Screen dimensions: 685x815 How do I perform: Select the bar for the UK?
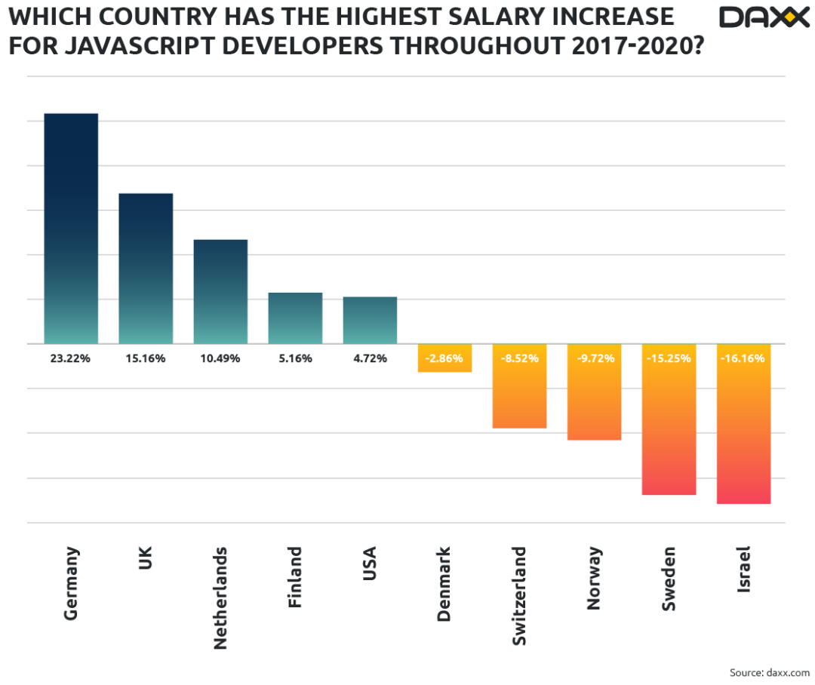tap(146, 268)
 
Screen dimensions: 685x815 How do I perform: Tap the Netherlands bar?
tap(220, 291)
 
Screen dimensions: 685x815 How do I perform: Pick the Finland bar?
tap(295, 318)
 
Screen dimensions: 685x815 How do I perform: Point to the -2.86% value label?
tap(444, 358)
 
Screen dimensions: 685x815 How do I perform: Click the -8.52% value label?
tap(519, 358)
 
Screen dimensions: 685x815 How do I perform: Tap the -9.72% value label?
tap(594, 358)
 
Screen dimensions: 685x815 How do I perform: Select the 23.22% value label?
tap(71, 358)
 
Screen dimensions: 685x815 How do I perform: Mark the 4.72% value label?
tap(370, 358)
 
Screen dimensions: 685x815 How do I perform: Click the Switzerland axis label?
tap(519, 596)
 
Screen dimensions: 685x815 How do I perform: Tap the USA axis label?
tap(370, 564)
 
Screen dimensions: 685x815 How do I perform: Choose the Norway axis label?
tap(594, 578)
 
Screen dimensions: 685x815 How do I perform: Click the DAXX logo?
tap(764, 17)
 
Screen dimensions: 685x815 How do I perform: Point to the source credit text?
tap(770, 671)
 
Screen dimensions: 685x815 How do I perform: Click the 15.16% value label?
tap(146, 358)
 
